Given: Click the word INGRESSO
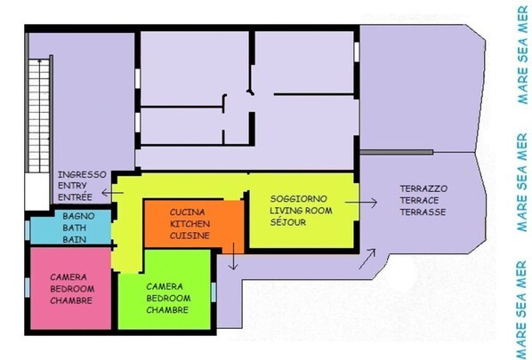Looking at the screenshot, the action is click(x=82, y=174).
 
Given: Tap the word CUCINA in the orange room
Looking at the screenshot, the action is click(x=188, y=212).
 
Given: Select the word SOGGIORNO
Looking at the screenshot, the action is click(x=299, y=198).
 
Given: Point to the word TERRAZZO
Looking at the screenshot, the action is click(x=423, y=188).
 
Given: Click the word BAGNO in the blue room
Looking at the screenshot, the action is click(x=78, y=216).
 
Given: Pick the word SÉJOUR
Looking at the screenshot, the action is click(x=288, y=222).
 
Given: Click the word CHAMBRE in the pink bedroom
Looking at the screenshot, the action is click(x=71, y=300).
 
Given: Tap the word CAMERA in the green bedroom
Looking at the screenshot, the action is click(x=165, y=286).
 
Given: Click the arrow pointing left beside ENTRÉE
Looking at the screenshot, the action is click(x=112, y=193).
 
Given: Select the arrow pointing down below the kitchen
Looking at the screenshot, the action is click(x=233, y=256).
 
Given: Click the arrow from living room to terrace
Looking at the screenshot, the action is click(x=361, y=203).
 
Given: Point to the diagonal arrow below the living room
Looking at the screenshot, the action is click(x=367, y=259).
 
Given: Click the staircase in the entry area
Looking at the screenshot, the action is click(x=39, y=116).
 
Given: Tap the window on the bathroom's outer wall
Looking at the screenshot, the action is click(x=28, y=230).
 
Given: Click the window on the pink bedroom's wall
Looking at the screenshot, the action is click(x=28, y=287).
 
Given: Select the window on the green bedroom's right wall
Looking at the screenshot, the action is click(x=214, y=292).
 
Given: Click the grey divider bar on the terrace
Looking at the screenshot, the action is click(x=396, y=152).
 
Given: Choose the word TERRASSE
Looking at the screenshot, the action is click(x=423, y=212).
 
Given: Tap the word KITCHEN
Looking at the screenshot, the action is click(x=189, y=224).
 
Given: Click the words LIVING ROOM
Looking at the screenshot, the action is click(x=301, y=211).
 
